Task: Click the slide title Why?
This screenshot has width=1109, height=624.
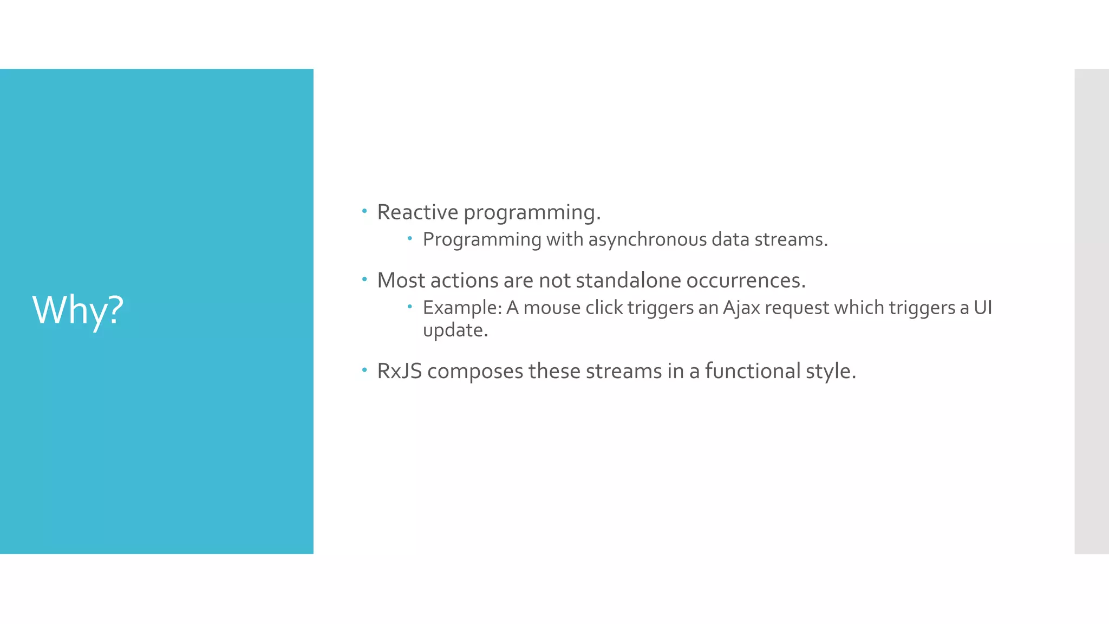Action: (x=78, y=310)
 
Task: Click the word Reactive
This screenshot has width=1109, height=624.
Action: (x=417, y=212)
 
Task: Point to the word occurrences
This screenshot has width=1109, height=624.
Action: (x=746, y=281)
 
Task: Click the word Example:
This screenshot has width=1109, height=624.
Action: (x=462, y=308)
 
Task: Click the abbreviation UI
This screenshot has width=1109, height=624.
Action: (x=983, y=308)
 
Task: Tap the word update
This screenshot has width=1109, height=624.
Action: (x=455, y=330)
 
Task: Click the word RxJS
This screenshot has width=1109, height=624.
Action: (x=399, y=371)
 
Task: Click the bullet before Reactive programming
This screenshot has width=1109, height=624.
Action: (x=364, y=211)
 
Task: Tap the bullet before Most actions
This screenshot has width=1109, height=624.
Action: (x=364, y=279)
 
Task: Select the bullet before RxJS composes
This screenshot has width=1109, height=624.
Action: (x=364, y=370)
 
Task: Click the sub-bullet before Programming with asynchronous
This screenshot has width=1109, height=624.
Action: (x=410, y=238)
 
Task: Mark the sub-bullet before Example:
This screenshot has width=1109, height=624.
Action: (x=410, y=307)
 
